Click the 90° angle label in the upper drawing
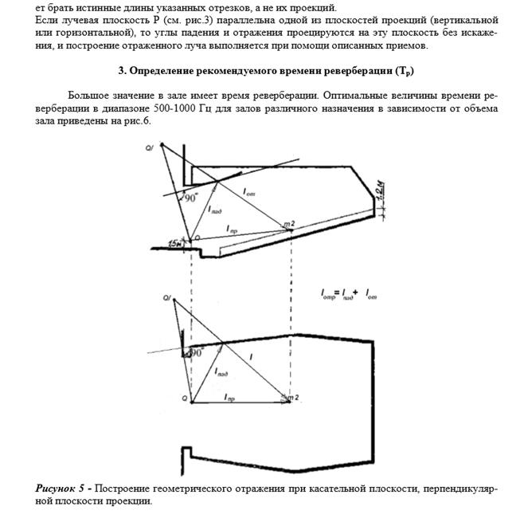pyautogui.click(x=191, y=199)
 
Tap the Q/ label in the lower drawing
pyautogui.click(x=167, y=298)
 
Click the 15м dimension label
pyautogui.click(x=174, y=243)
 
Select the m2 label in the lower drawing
pyautogui.click(x=294, y=397)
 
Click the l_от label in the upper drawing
pyautogui.click(x=249, y=194)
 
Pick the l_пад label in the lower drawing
pyautogui.click(x=222, y=372)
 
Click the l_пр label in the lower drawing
pyautogui.click(x=229, y=396)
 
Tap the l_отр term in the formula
pyautogui.click(x=327, y=295)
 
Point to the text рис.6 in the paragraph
pyautogui.click(x=136, y=121)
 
